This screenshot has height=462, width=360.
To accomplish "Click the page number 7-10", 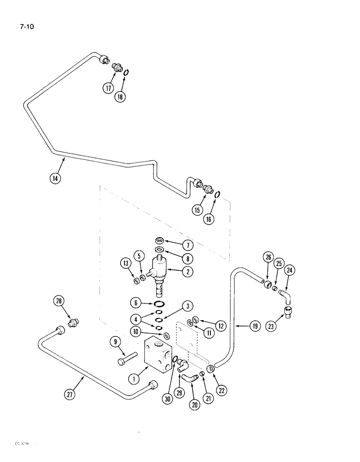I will (x=27, y=26).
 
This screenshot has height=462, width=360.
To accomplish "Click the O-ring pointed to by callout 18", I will (x=126, y=72).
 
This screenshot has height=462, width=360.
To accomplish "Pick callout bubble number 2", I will (x=187, y=272).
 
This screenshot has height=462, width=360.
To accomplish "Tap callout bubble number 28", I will (x=58, y=302).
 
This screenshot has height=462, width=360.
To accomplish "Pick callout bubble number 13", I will (x=126, y=264).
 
